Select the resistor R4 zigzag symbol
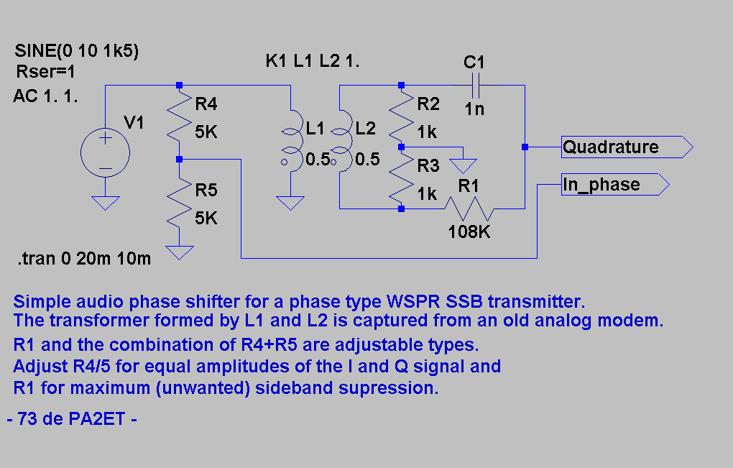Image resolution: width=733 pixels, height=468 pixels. tap(180, 116)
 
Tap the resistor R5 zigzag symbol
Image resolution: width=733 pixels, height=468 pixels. tap(180, 203)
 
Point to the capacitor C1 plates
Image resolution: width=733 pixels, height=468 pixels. tap(475, 86)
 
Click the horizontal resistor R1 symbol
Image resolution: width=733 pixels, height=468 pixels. tap(469, 209)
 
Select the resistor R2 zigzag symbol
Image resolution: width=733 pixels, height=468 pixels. tap(402, 116)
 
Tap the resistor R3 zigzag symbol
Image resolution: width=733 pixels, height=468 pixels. tap(402, 178)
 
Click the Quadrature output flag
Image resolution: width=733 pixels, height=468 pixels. tap(627, 147)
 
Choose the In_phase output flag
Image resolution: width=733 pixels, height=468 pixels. tap(615, 185)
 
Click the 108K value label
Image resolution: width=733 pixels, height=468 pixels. tap(469, 232)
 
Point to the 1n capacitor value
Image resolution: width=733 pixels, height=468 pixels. tap(474, 109)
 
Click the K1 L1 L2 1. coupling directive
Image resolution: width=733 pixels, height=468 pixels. tap(313, 61)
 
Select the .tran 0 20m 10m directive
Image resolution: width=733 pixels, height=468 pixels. tap(84, 259)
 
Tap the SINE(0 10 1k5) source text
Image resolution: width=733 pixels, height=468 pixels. tap(77, 50)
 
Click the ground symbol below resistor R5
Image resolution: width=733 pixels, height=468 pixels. tap(180, 253)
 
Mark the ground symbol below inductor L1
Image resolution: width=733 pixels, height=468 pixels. tap(291, 203)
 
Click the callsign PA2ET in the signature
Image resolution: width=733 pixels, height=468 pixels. tap(97, 419)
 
